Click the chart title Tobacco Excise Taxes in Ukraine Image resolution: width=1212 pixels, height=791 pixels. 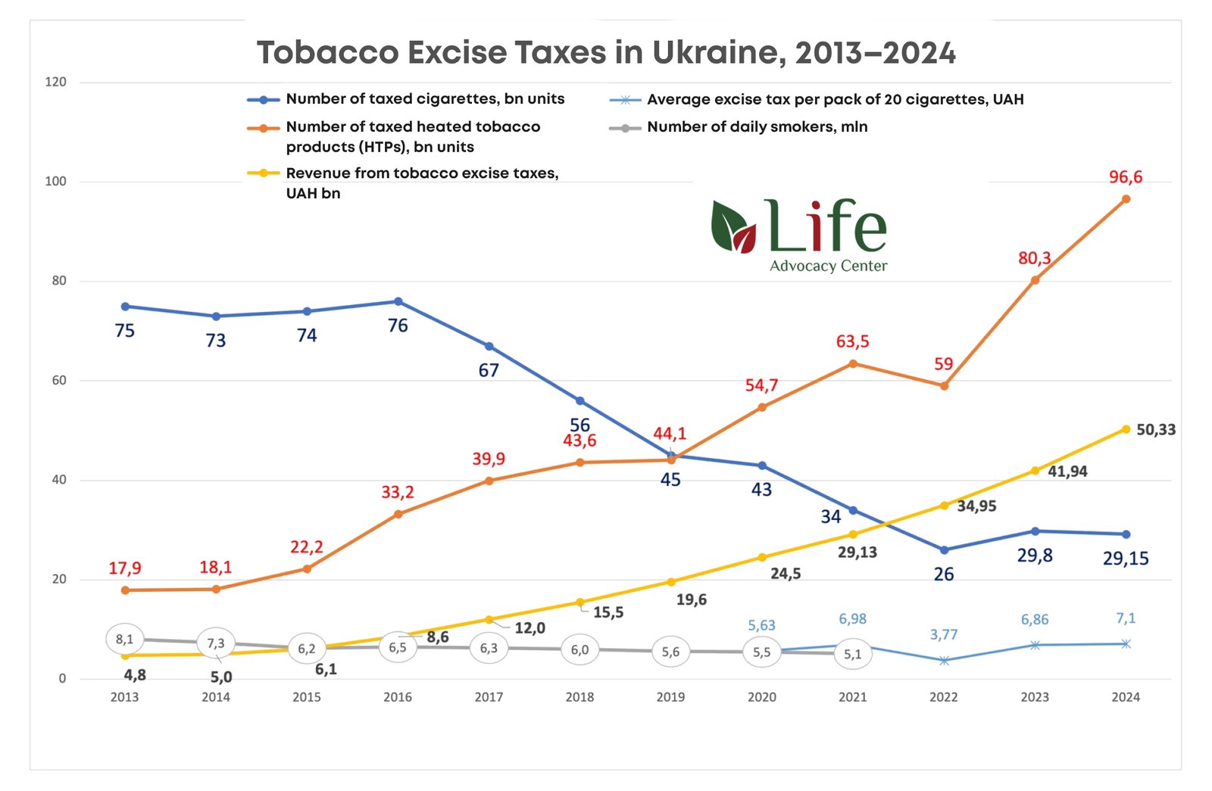tap(606, 53)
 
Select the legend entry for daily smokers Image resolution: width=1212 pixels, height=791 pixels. tap(757, 127)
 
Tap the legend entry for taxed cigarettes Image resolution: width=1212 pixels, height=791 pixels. tap(424, 99)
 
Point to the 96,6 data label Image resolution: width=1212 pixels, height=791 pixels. tap(1126, 177)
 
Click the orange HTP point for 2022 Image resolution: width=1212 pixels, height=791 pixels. tap(944, 386)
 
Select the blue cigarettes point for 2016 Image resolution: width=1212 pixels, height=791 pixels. tap(398, 301)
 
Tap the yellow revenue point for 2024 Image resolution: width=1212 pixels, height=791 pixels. tap(1126, 429)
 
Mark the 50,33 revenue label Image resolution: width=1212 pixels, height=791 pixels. tap(1156, 430)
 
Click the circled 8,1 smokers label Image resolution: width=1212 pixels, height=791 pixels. tap(125, 640)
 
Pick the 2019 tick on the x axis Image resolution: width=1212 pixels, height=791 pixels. tap(670, 697)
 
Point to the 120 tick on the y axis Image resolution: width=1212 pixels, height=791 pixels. tap(56, 82)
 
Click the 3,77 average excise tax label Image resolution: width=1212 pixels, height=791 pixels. tap(944, 635)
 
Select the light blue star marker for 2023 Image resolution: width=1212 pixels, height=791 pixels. tap(1035, 645)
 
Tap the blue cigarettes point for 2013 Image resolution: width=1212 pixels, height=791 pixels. tap(125, 307)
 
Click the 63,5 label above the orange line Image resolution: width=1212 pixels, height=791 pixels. tap(852, 341)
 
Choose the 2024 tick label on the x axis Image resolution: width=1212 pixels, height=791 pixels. tap(1126, 697)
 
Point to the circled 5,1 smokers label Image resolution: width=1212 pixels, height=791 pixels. tap(853, 654)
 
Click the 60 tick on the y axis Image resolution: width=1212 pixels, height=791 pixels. tap(59, 381)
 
